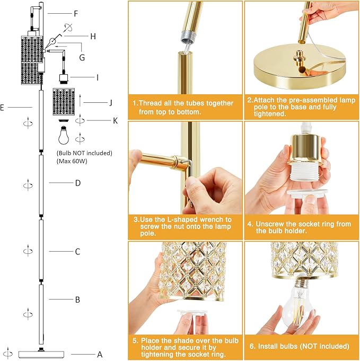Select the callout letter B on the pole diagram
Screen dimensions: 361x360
pyautogui.click(x=77, y=300)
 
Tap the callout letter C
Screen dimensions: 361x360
pyautogui.click(x=77, y=251)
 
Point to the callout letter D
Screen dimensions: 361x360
pyautogui.click(x=77, y=183)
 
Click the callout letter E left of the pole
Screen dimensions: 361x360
pyautogui.click(x=3, y=107)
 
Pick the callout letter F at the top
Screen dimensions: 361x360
pyautogui.click(x=76, y=13)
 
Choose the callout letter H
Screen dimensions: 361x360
pyautogui.click(x=93, y=36)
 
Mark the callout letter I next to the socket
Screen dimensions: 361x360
pyautogui.click(x=97, y=77)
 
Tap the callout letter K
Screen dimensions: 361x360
pyautogui.click(x=115, y=120)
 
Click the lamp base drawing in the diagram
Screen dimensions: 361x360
pyautogui.click(x=41, y=354)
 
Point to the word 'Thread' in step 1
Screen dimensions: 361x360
pyautogui.click(x=154, y=103)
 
